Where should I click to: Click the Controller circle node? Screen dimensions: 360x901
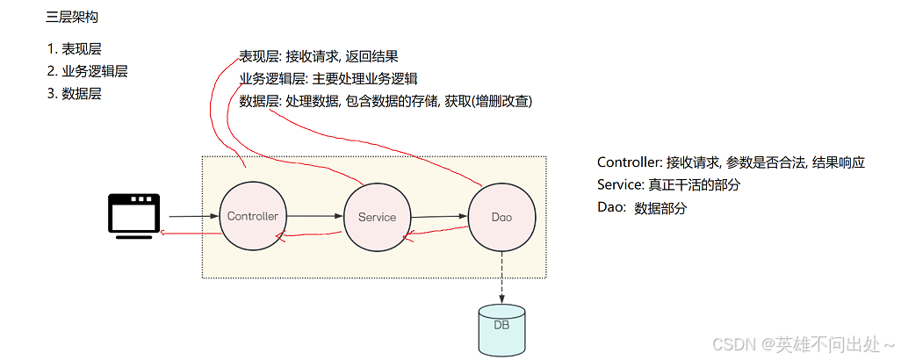[x=252, y=216]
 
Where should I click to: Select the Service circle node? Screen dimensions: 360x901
[x=377, y=217]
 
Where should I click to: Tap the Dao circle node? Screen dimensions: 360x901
[x=501, y=217]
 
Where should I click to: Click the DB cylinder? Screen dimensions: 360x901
[x=501, y=330]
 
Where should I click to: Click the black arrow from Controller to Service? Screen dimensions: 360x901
[x=313, y=216]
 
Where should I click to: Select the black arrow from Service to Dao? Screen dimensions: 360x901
[x=438, y=216]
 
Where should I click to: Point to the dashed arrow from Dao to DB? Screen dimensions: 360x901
[x=501, y=276]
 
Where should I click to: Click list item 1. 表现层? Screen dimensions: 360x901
[x=75, y=49]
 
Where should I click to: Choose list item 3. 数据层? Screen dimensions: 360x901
[x=75, y=93]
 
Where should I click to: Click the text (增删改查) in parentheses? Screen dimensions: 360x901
[x=501, y=101]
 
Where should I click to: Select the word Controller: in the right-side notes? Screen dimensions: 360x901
[x=629, y=162]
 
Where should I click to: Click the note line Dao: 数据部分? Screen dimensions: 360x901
[x=642, y=208]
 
